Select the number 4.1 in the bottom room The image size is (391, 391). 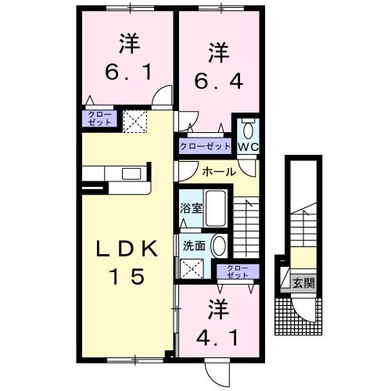[214, 339]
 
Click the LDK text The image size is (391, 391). [129, 250]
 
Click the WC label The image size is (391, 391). [248, 146]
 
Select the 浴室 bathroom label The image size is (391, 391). [191, 209]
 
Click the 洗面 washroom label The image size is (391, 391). [194, 245]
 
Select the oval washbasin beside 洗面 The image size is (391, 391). [219, 245]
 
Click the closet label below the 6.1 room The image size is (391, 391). [99, 120]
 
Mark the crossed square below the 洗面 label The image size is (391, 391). [191, 268]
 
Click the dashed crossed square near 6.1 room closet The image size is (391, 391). [135, 120]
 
